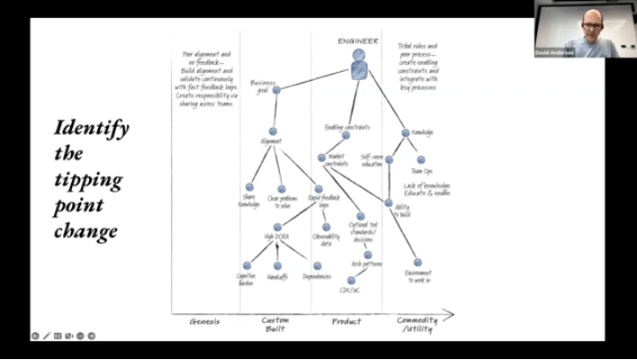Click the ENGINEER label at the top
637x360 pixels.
click(358, 41)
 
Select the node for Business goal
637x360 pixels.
click(276, 90)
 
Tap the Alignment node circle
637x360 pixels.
click(272, 130)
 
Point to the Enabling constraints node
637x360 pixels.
click(345, 136)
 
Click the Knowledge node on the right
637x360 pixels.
click(405, 133)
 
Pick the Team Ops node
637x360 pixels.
click(421, 160)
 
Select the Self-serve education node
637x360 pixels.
click(389, 160)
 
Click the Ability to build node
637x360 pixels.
click(389, 202)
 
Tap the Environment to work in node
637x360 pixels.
click(417, 263)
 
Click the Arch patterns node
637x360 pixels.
click(367, 255)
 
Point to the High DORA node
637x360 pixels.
click(277, 227)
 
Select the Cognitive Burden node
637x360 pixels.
click(247, 265)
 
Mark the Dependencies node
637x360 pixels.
click(318, 265)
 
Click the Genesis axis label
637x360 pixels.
click(204, 321)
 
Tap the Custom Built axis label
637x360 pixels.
click(275, 325)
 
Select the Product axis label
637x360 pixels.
click(346, 321)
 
